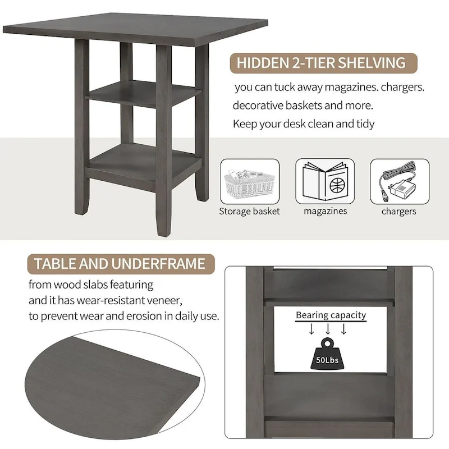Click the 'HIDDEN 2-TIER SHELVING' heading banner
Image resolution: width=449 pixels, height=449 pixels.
point(321,63)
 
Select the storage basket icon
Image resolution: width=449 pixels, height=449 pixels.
point(249,181)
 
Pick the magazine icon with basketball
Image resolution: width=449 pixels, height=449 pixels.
point(325,181)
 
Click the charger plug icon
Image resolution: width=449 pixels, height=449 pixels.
point(399,181)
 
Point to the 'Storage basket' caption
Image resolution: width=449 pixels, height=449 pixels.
point(249,212)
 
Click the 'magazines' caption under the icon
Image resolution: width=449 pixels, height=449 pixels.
point(325,212)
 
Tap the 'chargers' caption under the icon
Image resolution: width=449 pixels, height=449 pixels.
point(399,212)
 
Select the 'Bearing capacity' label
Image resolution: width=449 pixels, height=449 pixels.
point(331,315)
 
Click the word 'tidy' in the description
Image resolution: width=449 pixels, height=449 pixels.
point(364,123)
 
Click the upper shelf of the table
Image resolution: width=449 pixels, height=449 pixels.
point(143,92)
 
